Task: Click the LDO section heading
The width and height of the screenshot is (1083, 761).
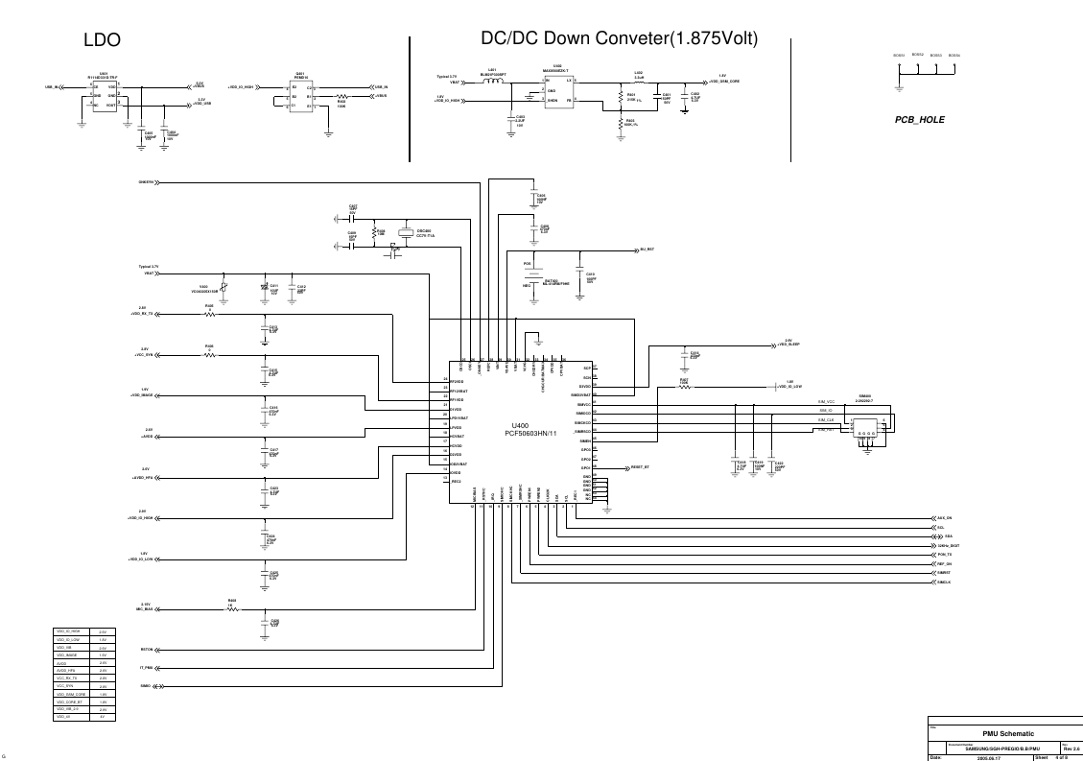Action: point(103,40)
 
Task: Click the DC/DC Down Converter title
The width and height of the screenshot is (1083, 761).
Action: point(619,38)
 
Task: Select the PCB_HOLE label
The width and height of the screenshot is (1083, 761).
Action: point(920,121)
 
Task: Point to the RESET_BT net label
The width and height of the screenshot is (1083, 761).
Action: point(640,467)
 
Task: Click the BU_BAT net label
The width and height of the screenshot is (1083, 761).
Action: point(647,250)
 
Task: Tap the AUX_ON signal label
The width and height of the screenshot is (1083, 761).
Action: point(944,518)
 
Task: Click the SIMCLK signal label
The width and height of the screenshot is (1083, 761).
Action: point(944,582)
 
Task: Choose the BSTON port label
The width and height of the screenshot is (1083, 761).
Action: point(146,650)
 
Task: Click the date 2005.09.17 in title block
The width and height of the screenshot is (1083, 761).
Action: point(988,757)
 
